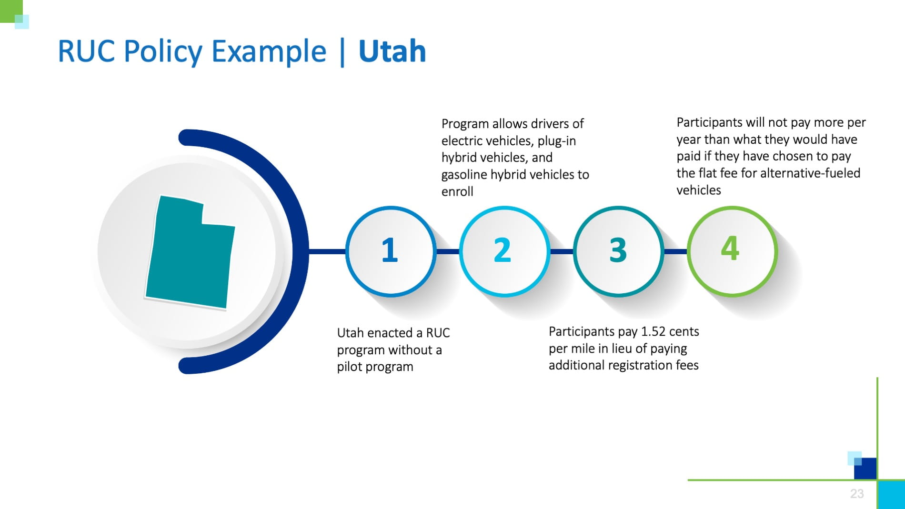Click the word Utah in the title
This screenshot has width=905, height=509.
392,51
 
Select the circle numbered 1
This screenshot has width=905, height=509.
391,251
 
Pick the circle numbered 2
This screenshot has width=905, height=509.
504,251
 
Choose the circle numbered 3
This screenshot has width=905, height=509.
618,251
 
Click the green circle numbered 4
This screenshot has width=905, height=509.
732,251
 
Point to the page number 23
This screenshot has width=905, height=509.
857,494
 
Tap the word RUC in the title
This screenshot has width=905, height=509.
86,51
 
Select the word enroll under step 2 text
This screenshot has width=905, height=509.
457,191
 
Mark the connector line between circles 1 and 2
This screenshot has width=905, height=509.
448,251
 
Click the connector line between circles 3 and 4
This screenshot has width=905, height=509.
675,251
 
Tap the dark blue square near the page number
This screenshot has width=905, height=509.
865,469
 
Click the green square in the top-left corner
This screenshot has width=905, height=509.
11,11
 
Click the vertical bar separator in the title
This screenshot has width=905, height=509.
342,52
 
